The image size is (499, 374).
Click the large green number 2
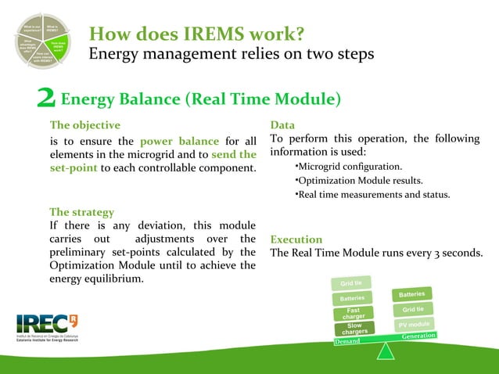[47, 99]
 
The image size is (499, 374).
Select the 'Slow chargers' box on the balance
[354, 329]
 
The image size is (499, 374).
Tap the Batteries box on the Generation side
[411, 294]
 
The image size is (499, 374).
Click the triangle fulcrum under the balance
[386, 351]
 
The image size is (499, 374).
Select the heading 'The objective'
[85, 125]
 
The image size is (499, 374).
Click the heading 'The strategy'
[82, 212]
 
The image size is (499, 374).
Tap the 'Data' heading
[282, 125]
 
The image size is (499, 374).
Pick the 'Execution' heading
[296, 239]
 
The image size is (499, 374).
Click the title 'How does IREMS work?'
[196, 34]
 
